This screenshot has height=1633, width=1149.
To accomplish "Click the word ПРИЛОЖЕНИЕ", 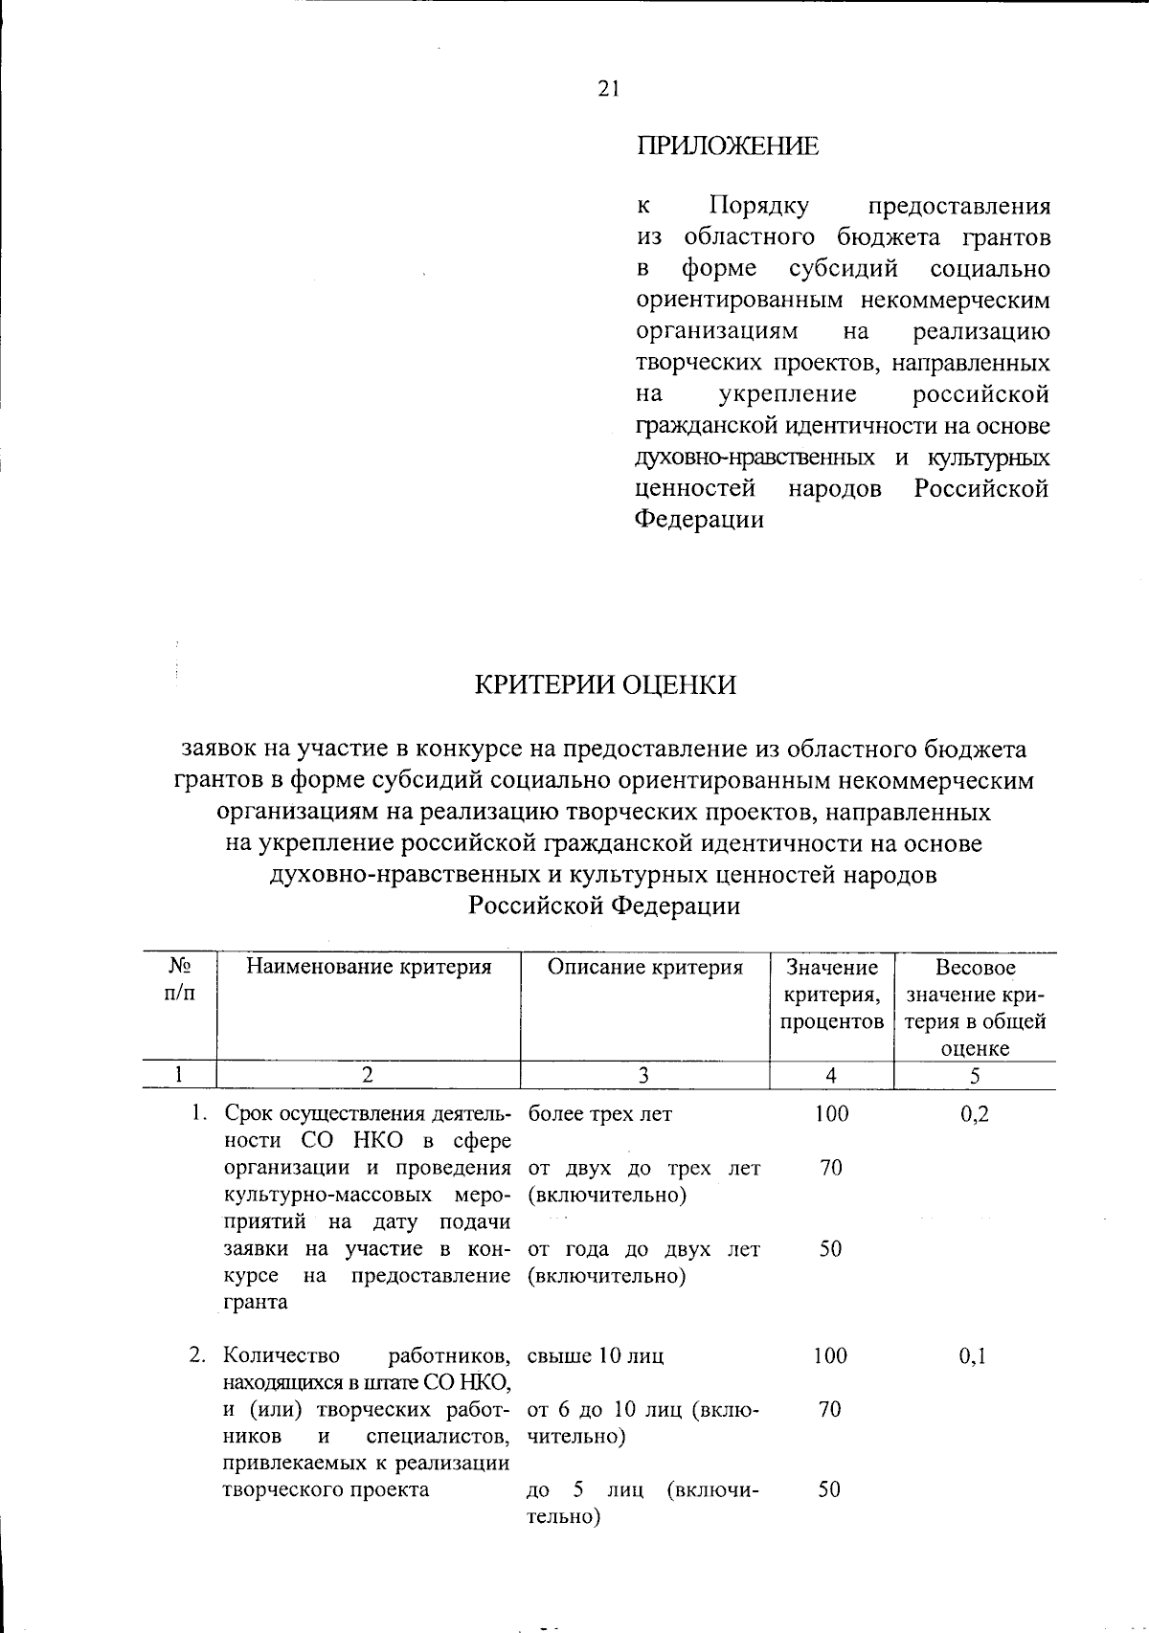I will (728, 146).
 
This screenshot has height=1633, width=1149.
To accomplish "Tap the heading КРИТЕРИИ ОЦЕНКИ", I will (606, 685).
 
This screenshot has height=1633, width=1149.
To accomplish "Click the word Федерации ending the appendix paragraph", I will (700, 520).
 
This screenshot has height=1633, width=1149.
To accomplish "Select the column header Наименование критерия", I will (369, 967).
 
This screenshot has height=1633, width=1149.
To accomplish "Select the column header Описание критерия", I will (644, 967).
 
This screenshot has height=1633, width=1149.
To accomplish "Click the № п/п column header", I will (179, 979).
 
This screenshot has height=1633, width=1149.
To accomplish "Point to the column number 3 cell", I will (643, 1075).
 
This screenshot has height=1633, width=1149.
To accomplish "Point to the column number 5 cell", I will (974, 1075).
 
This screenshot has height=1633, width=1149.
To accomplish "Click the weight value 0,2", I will (974, 1114).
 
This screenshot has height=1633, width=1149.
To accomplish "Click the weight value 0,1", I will (973, 1355).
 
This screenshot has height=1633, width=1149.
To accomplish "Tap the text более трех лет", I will (599, 1114).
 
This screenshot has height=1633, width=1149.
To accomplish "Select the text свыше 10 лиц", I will (596, 1355).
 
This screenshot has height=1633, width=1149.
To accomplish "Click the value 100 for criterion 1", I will (831, 1114).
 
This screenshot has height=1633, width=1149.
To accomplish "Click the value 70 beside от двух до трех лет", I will (830, 1168).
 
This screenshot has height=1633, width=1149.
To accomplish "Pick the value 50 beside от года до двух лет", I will (830, 1248).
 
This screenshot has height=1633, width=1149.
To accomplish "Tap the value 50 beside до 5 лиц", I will (830, 1489).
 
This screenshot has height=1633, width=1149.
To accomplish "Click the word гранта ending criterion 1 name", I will (255, 1302).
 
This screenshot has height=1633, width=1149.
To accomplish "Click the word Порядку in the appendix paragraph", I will (758, 206).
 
